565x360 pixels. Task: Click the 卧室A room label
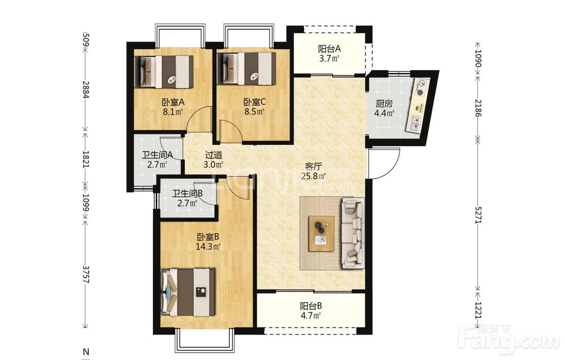point(173,102)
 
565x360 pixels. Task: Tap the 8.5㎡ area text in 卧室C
point(254,111)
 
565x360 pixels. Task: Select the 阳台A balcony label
point(329,49)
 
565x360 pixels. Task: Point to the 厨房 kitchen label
point(384,104)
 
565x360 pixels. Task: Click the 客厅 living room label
point(313,167)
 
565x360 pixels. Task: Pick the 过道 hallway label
point(214,155)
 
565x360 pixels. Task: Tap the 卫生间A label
point(158,155)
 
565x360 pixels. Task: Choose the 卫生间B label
point(187,194)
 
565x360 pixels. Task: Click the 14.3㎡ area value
point(208,247)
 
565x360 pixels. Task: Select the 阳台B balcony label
point(311,306)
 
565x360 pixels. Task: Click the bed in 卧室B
point(188,292)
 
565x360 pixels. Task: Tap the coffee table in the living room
point(321,233)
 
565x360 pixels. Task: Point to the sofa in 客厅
point(353,233)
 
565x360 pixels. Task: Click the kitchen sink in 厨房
point(414,122)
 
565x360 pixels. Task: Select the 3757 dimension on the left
point(86,275)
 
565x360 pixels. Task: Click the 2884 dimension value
point(86,89)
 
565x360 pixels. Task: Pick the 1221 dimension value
point(478,310)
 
